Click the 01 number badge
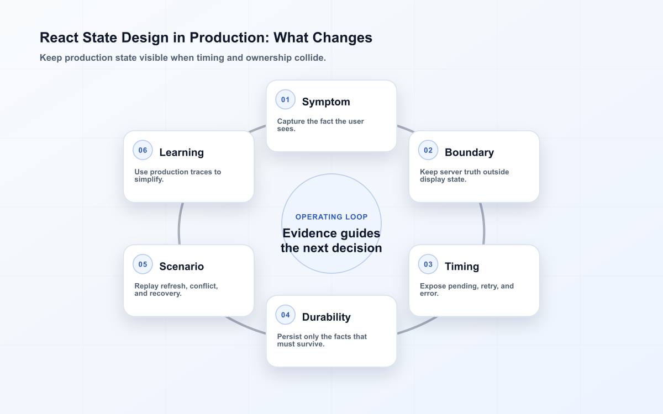click(x=285, y=100)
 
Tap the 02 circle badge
click(x=428, y=150)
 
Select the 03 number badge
click(x=428, y=264)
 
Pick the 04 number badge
click(x=285, y=315)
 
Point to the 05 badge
click(x=143, y=264)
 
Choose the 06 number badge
click(x=143, y=150)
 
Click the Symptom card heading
click(x=326, y=102)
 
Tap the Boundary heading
click(x=469, y=152)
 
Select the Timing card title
click(x=462, y=267)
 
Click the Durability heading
click(x=326, y=317)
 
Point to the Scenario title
click(x=181, y=267)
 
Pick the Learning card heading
click(x=181, y=152)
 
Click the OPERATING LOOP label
click(x=331, y=217)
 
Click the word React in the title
click(x=59, y=38)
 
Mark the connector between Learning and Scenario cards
click(x=179, y=224)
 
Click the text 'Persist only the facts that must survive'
click(x=322, y=341)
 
